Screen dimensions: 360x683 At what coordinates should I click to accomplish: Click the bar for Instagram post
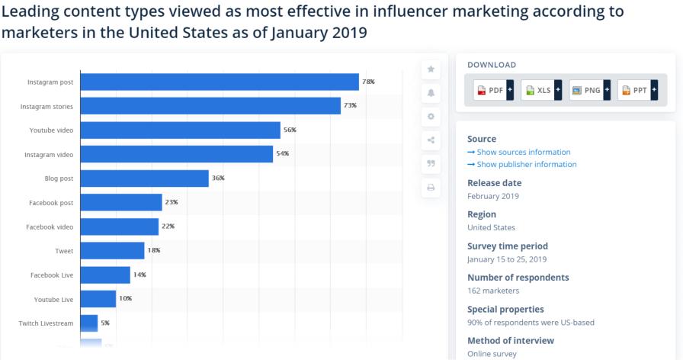(x=220, y=82)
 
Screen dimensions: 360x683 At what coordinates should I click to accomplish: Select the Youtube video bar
(x=180, y=130)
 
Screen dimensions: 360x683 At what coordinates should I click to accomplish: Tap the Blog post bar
(x=144, y=178)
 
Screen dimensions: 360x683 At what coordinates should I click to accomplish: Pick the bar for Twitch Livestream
(x=88, y=323)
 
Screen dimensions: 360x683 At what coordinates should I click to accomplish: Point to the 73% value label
(x=351, y=106)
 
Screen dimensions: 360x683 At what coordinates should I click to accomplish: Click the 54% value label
(x=282, y=154)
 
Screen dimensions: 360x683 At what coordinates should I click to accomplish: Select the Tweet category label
(x=64, y=251)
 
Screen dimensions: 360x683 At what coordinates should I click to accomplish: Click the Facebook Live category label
(x=52, y=275)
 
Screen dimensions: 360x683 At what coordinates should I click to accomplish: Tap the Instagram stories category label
(x=46, y=107)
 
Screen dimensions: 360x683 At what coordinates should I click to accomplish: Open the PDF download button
(x=492, y=90)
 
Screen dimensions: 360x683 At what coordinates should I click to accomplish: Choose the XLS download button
(x=540, y=90)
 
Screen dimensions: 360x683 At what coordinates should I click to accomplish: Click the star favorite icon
(x=431, y=69)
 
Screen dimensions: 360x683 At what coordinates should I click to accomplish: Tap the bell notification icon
(x=431, y=93)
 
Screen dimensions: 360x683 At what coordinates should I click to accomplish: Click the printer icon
(x=431, y=188)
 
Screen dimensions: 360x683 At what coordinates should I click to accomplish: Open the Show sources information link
(x=523, y=153)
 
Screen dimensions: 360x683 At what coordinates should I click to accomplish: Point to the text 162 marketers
(x=493, y=291)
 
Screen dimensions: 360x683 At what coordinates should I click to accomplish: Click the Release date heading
(x=494, y=183)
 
